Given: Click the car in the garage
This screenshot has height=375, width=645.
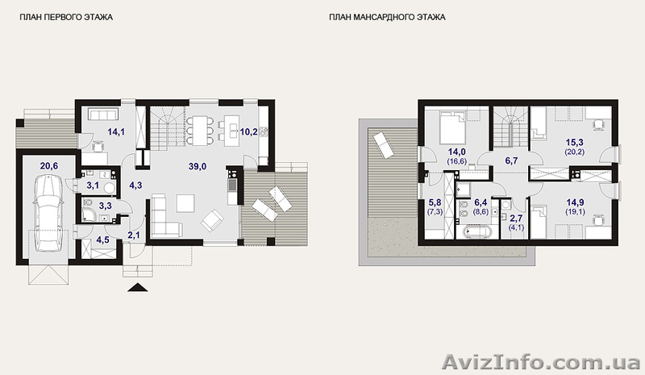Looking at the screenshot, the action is coord(48,214).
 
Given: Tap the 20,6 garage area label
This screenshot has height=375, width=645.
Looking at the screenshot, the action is coord(49,166).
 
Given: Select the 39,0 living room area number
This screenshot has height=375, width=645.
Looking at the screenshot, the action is coord(198,166).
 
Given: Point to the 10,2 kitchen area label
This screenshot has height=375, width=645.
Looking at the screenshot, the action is coord(249,131).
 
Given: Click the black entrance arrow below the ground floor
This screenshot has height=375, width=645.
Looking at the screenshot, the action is coord(137,287).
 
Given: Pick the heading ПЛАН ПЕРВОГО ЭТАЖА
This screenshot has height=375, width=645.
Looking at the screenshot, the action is coord(66,17).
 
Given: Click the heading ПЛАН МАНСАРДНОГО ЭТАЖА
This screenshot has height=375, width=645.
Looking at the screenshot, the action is coord(387,17).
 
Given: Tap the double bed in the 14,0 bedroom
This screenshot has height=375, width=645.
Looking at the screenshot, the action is coord(452,127).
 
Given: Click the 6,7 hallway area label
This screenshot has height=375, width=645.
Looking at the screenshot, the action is coord(511,160).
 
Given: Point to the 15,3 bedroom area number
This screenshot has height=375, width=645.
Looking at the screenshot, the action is coord(575,143).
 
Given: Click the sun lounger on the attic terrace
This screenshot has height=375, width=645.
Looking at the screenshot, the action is coord(382,144).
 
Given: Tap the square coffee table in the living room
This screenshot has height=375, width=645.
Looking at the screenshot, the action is coord(185,202).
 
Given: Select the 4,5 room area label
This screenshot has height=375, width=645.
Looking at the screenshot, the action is coord(102,240).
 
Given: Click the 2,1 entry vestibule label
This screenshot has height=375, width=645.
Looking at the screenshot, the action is coord(133,235).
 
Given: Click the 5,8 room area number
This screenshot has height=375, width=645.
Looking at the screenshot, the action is coord(435,202).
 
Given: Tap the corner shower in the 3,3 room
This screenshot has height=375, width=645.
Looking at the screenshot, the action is coord(89,214).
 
